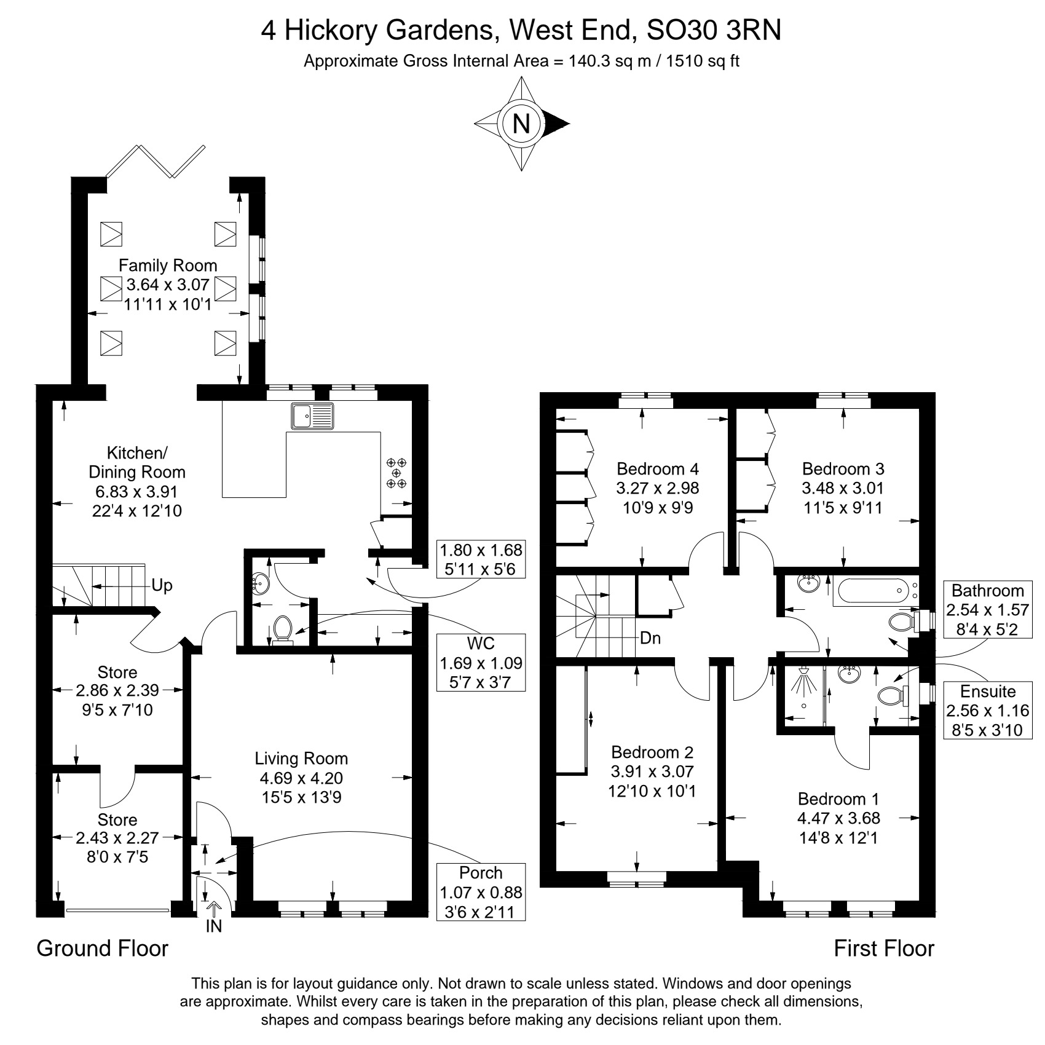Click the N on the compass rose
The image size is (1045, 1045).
[521, 124]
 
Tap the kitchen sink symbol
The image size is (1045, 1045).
[313, 416]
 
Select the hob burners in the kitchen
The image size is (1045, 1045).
[396, 473]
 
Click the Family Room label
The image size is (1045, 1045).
[168, 266]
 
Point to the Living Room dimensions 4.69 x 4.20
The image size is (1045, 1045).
[301, 778]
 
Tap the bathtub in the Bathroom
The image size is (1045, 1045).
[871, 592]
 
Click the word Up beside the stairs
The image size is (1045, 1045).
[162, 585]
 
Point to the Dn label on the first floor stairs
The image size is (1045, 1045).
[650, 638]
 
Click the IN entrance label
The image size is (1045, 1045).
[214, 926]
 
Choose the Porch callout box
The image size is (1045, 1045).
[481, 892]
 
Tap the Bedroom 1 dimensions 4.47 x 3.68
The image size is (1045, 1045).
[839, 818]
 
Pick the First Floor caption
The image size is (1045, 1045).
[884, 948]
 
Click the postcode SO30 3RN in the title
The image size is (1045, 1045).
[714, 30]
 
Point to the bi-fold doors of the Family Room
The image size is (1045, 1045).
[155, 162]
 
